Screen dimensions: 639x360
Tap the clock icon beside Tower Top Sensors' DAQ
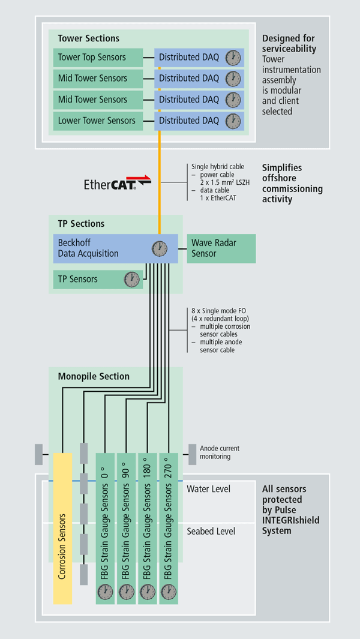tap(233, 58)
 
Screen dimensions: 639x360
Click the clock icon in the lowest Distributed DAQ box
tap(233, 121)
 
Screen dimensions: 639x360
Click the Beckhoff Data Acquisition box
tap(102, 248)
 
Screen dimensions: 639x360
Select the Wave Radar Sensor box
tap(221, 248)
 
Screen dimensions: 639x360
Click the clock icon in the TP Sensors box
tap(131, 279)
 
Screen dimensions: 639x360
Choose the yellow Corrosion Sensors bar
tap(62, 528)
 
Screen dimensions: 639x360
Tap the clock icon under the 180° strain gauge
tap(148, 592)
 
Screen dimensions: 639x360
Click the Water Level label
tap(208, 489)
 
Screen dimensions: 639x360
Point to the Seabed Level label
tap(211, 531)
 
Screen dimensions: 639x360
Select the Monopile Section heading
tap(93, 376)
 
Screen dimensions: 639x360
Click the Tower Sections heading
tap(88, 38)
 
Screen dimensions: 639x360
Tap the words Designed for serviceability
tap(289, 43)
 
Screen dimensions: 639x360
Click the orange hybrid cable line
tap(159, 180)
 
